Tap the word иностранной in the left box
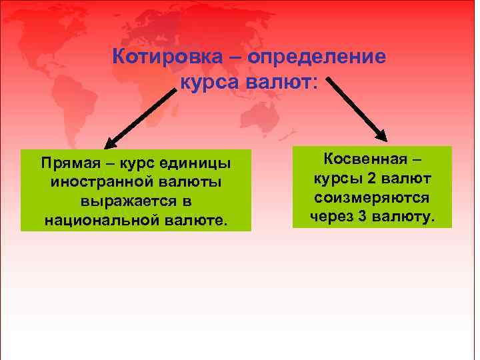tap(94, 181)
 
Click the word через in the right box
tap(331, 217)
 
